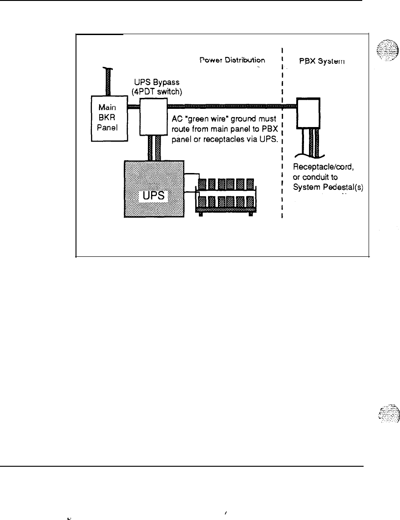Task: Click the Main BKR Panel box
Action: click(x=108, y=118)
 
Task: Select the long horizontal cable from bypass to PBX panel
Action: click(x=232, y=106)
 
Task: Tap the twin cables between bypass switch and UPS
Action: click(x=152, y=148)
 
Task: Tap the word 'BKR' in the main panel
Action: click(x=108, y=118)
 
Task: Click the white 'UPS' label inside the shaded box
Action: click(x=153, y=197)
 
